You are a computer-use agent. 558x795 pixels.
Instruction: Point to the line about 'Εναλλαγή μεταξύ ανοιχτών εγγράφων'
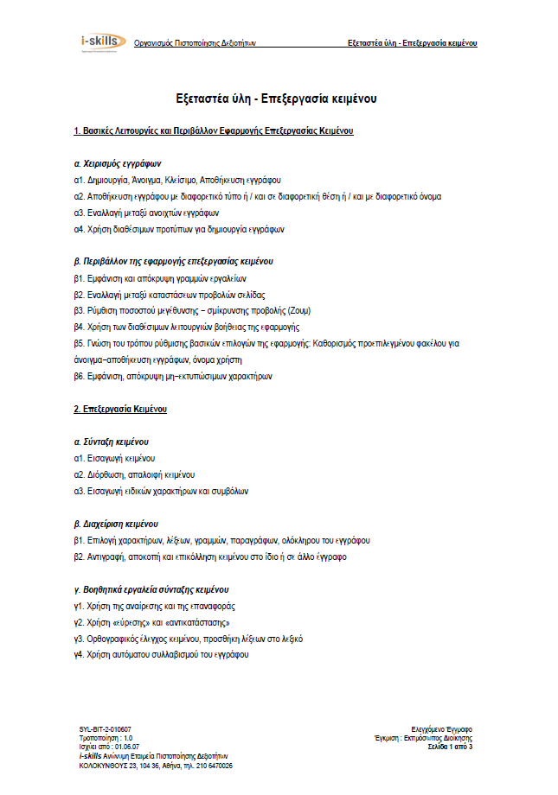(x=147, y=213)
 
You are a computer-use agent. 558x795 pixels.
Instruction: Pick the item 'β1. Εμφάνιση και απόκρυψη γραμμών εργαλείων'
(x=161, y=278)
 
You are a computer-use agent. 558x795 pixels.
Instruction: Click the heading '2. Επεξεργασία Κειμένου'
(x=120, y=408)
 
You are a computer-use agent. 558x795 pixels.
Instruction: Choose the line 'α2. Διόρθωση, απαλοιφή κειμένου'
(x=135, y=474)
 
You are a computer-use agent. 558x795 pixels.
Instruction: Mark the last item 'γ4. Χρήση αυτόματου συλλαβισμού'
(x=162, y=655)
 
